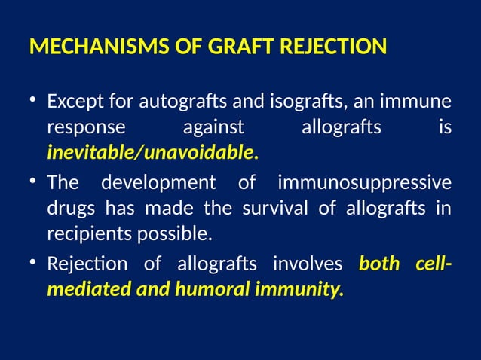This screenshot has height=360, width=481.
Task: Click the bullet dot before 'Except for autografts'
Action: point(33,101)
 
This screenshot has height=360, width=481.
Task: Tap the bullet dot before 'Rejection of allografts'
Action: point(33,264)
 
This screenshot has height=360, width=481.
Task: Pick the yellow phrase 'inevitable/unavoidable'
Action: point(150,154)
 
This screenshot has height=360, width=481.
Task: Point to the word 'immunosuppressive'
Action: point(365,183)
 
